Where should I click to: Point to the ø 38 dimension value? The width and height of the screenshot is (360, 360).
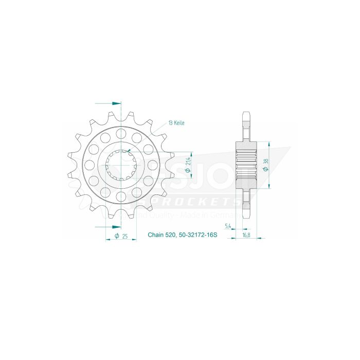pyautogui.click(x=265, y=165)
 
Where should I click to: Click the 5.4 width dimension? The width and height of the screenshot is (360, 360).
pyautogui.click(x=227, y=227)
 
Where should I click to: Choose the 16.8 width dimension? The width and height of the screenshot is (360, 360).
pyautogui.click(x=247, y=236)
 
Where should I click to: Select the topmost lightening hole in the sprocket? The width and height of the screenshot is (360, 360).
pyautogui.click(x=121, y=134)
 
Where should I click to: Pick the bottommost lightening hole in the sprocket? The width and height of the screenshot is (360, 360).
pyautogui.click(x=121, y=196)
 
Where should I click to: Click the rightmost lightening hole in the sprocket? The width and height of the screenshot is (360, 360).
pyautogui.click(x=152, y=165)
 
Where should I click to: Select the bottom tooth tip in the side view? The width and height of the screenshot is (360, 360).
pyautogui.click(x=245, y=214)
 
